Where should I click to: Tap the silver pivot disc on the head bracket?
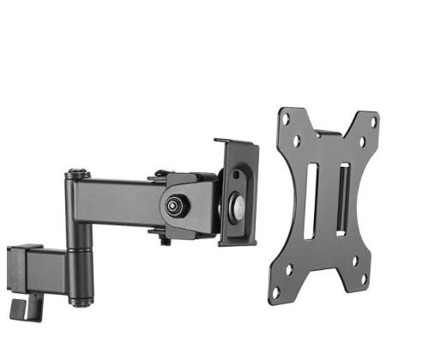tap(236, 207)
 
